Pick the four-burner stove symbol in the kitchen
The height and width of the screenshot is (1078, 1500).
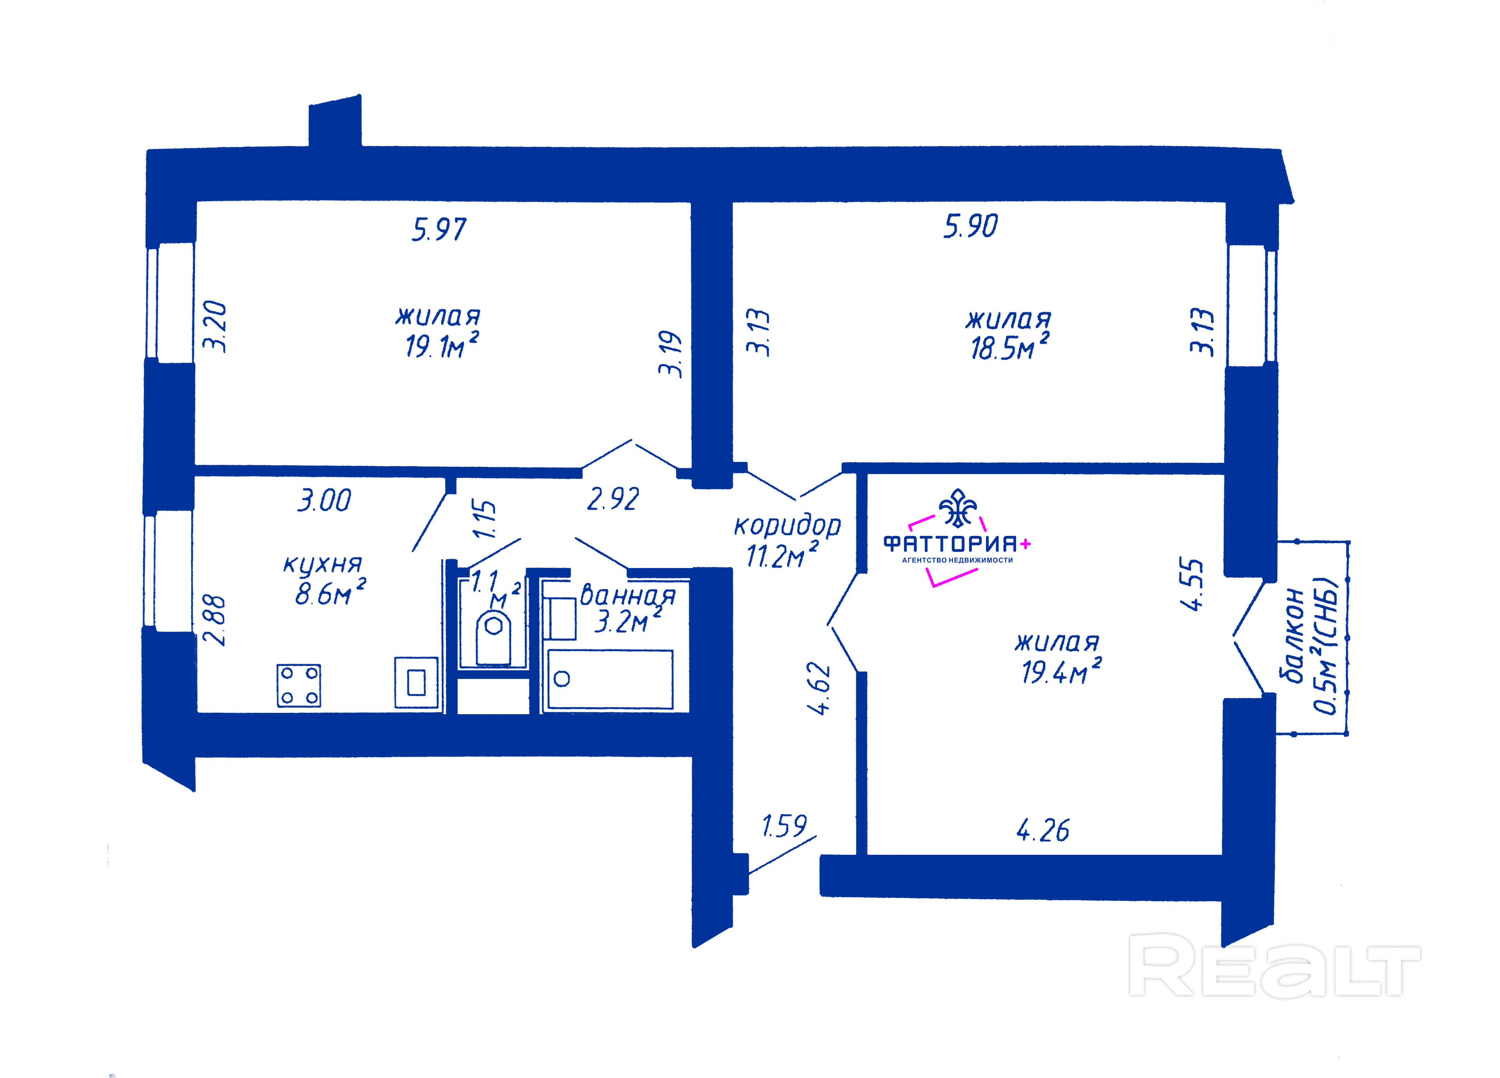coord(299,685)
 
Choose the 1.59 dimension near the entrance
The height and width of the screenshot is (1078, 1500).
coord(784,826)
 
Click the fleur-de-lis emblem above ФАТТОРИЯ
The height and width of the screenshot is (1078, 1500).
coord(958,508)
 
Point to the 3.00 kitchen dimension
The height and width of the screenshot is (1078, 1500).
coord(324,500)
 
